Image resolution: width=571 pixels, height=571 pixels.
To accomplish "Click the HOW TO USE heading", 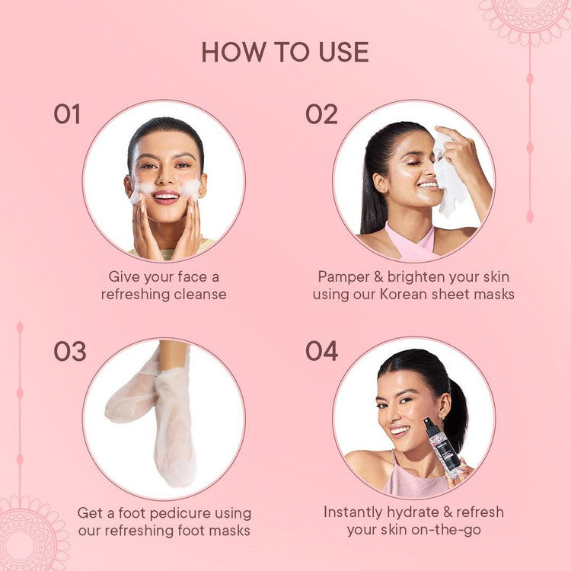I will click(285, 52).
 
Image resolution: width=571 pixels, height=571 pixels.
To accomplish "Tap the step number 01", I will click(66, 114).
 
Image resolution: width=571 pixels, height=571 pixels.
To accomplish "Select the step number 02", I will click(321, 114).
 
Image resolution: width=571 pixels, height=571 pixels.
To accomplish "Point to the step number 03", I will click(69, 352).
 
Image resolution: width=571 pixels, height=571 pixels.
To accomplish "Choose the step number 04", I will click(321, 352).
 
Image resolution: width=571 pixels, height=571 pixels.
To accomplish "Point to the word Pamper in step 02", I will click(339, 276).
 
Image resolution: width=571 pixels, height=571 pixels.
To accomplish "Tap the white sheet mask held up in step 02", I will click(451, 179).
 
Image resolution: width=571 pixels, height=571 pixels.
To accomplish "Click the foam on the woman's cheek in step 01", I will click(191, 188).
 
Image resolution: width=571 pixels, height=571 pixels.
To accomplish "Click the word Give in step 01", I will click(124, 276).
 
